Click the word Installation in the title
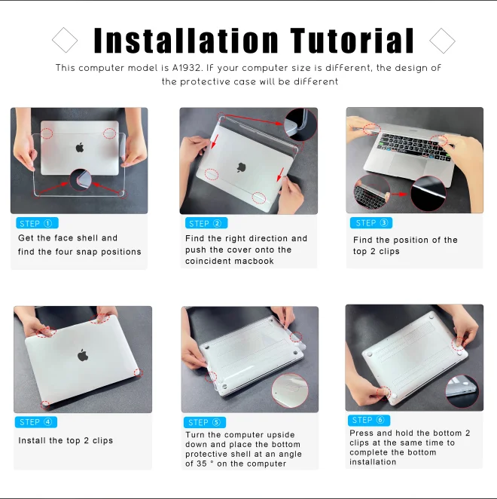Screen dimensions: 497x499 tap(186, 41)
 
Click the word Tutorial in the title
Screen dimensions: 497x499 tap(352, 41)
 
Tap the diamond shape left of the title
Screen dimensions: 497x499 tap(65, 40)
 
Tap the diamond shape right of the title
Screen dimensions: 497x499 tap(442, 41)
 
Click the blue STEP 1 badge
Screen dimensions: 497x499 tap(37, 223)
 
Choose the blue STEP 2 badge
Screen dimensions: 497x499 tap(206, 223)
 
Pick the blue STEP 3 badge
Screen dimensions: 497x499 tap(371, 223)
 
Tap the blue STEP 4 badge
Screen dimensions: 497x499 tap(36, 422)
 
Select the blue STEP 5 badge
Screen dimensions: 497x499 tap(205, 422)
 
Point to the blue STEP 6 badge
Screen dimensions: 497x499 tap(369, 421)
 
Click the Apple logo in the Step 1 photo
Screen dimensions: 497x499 tap(80, 147)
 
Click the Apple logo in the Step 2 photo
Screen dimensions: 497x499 tap(241, 167)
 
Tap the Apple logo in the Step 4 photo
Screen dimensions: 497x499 tap(83, 355)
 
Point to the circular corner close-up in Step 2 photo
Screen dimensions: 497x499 tap(300, 124)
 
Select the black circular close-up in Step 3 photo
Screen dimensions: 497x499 tap(428, 194)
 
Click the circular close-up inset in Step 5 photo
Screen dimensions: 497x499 tap(290, 390)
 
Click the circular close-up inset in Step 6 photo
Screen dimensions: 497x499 tap(462, 391)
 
